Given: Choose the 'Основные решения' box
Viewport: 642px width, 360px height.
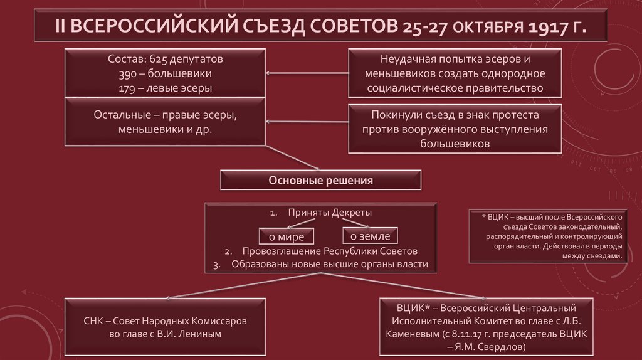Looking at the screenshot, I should pos(320,181).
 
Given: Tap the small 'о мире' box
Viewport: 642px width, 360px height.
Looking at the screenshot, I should pos(287,236).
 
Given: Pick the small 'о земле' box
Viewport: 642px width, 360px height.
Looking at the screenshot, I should pos(370,236).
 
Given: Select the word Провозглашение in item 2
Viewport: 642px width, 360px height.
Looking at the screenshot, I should pos(270,251).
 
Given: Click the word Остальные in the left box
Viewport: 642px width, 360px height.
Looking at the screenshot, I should pos(119,117).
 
